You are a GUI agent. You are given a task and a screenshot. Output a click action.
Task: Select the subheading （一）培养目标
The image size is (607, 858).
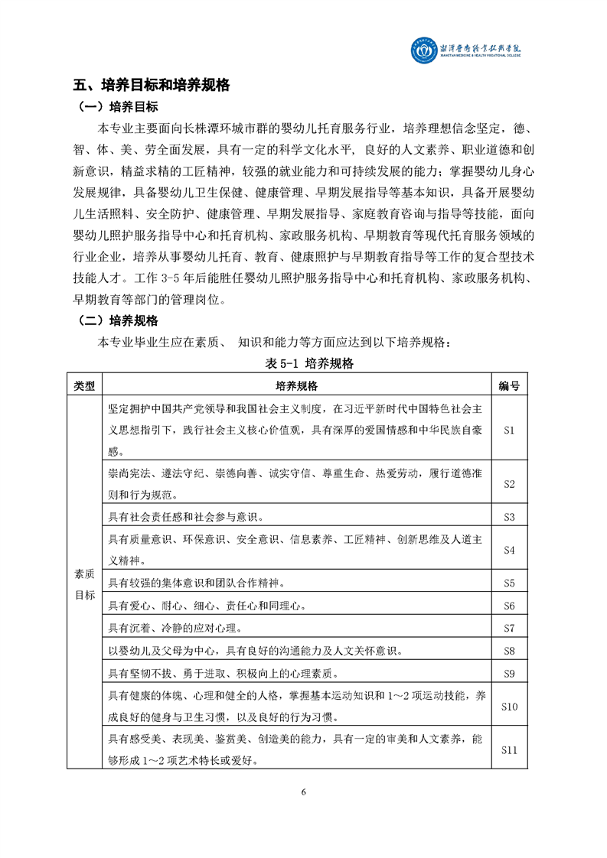click(x=119, y=106)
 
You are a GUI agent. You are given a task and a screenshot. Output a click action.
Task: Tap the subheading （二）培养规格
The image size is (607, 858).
click(x=119, y=320)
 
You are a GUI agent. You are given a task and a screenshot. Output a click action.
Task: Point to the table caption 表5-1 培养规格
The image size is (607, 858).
click(x=303, y=363)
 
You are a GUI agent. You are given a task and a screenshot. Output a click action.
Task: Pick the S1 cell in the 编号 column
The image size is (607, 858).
click(x=509, y=430)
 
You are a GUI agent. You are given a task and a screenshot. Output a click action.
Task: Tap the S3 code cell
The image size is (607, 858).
click(x=509, y=517)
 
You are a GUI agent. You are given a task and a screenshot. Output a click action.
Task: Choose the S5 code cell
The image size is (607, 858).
click(x=509, y=583)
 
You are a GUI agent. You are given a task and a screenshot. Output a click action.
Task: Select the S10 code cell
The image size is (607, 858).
click(x=509, y=707)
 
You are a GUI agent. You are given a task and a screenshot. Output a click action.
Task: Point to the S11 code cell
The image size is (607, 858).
click(x=509, y=750)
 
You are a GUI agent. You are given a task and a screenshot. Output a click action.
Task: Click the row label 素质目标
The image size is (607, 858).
click(x=84, y=583)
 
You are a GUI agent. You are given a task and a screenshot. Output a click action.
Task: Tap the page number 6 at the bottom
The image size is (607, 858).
click(x=303, y=791)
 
